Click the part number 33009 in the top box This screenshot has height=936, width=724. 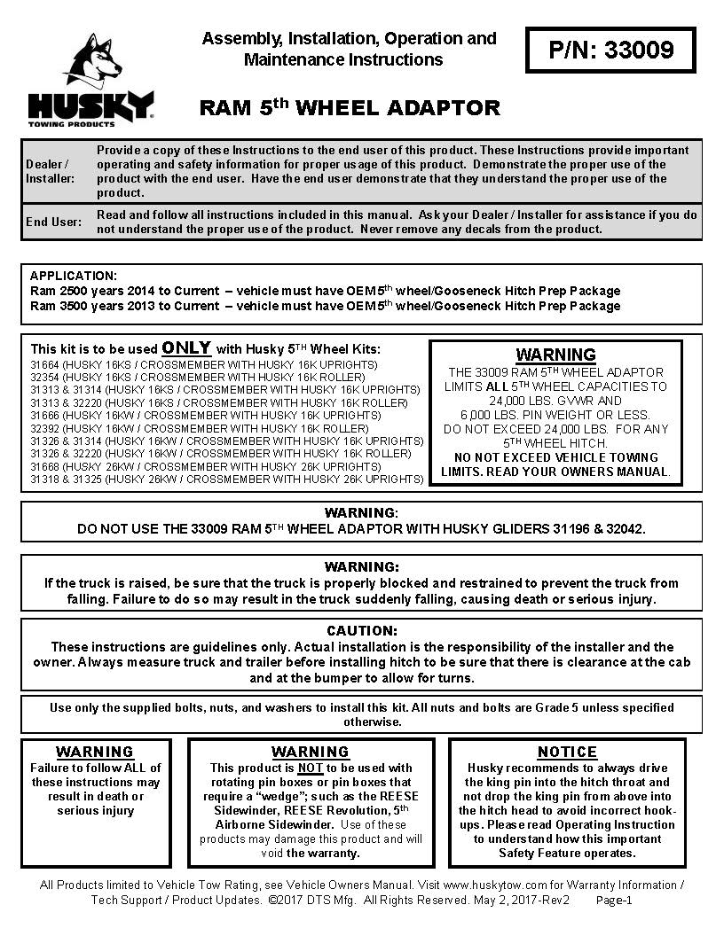click(x=641, y=50)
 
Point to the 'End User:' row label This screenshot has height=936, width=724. click(x=53, y=222)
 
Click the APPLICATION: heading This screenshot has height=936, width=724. click(x=73, y=276)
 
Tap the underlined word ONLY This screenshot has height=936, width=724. click(x=186, y=347)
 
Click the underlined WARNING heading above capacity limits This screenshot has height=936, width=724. click(x=555, y=355)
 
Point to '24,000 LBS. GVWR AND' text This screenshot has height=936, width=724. click(x=555, y=401)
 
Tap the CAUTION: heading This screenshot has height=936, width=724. click(x=362, y=631)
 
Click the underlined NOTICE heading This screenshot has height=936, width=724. click(x=568, y=752)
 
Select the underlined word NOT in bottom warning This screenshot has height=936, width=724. click(x=310, y=768)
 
